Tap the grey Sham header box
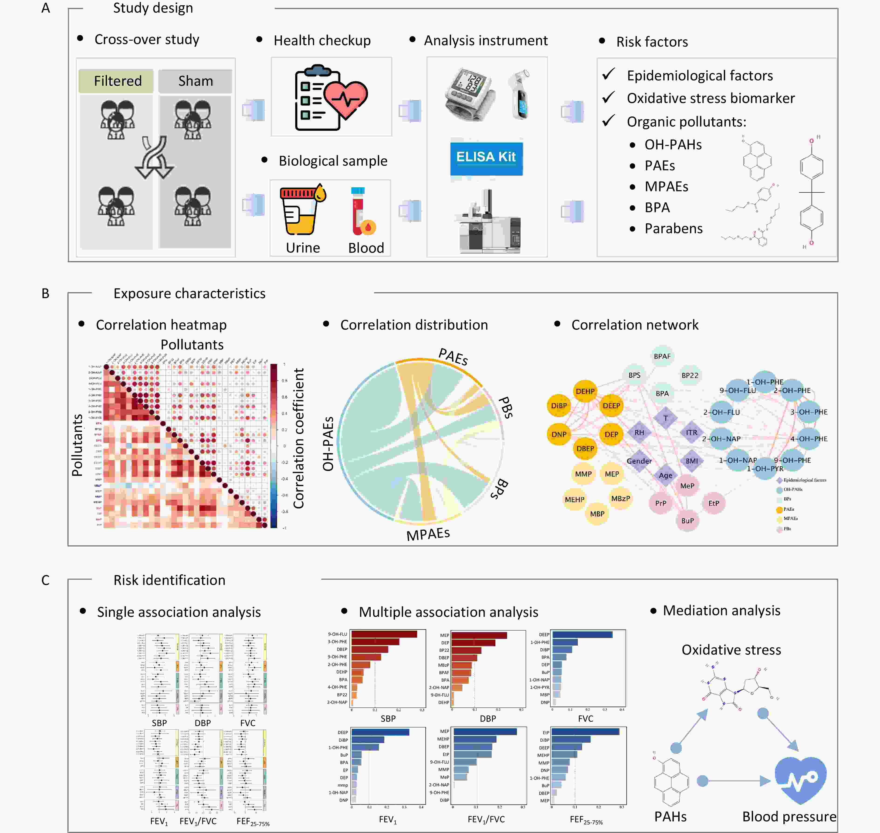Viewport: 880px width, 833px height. [195, 81]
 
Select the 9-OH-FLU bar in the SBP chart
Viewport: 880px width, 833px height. [384, 634]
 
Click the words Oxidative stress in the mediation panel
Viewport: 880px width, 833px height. [731, 650]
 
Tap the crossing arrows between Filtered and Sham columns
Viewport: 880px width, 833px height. [154, 158]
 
